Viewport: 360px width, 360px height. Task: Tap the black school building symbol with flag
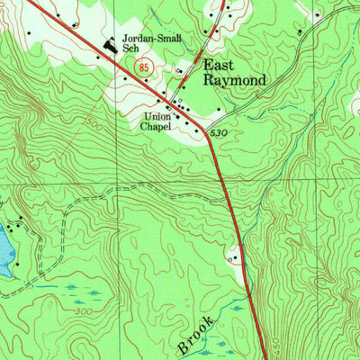coord(112,42)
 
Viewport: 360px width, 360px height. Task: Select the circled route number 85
coord(144,68)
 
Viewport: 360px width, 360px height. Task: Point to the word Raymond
coord(234,80)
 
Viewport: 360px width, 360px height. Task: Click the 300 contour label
coord(83,310)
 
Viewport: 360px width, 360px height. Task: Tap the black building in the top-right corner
coord(317,14)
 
